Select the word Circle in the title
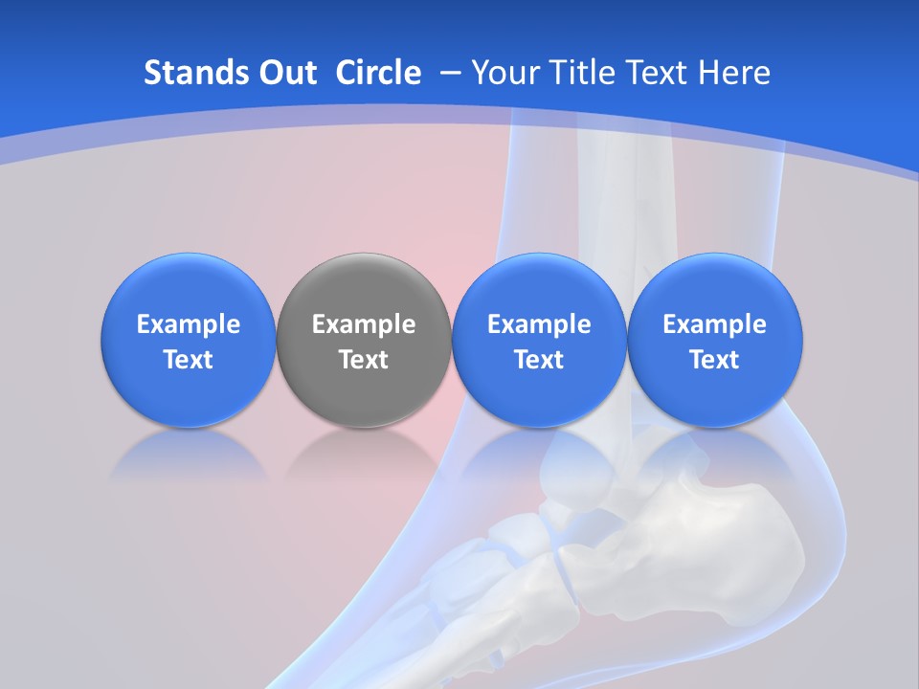pyautogui.click(x=378, y=73)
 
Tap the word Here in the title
pyautogui.click(x=733, y=73)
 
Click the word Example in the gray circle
pyautogui.click(x=364, y=324)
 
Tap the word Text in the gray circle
pyautogui.click(x=364, y=360)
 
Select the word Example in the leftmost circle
pyautogui.click(x=188, y=324)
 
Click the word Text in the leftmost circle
pyautogui.click(x=188, y=360)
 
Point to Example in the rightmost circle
pyautogui.click(x=714, y=324)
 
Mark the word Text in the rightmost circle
pyautogui.click(x=714, y=360)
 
